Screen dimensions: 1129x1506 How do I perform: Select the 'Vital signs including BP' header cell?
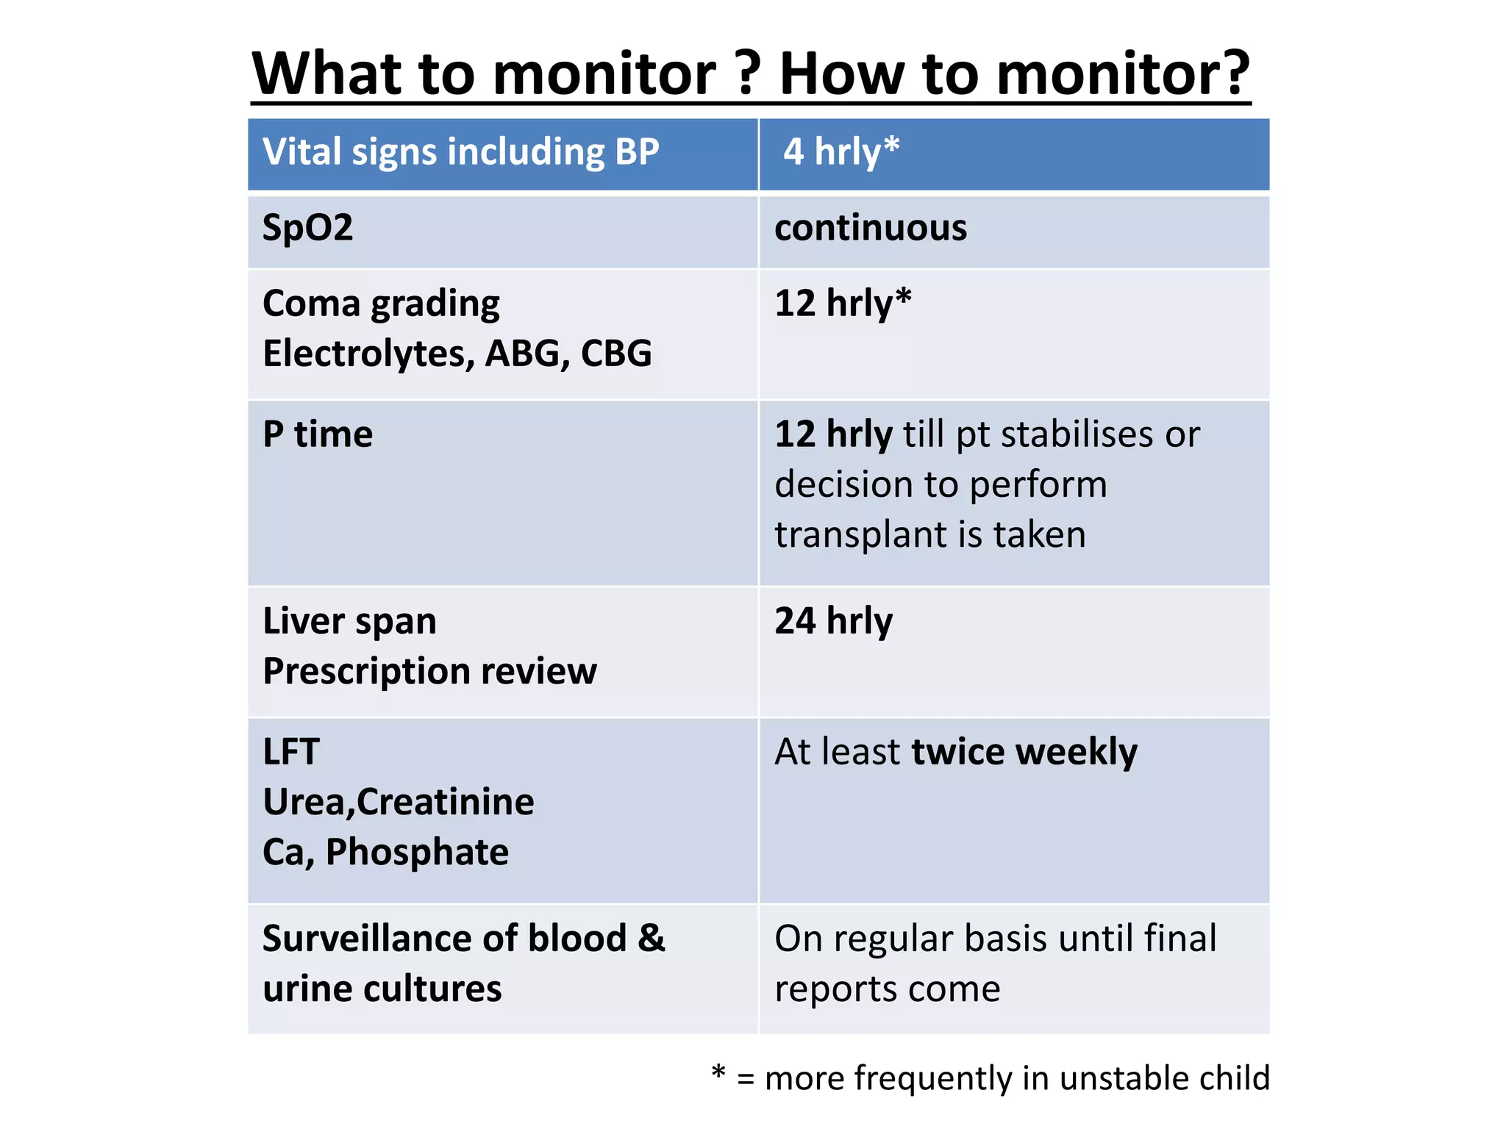point(461,152)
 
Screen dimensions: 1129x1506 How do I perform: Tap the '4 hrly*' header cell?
point(841,152)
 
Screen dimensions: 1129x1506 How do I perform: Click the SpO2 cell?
point(307,228)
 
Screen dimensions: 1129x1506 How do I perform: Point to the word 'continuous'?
point(871,228)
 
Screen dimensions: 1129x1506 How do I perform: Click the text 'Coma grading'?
point(381,304)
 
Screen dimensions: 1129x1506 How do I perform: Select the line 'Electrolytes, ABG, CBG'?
point(457,354)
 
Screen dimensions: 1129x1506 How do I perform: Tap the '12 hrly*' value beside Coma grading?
point(843,304)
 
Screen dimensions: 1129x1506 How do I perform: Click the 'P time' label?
point(318,434)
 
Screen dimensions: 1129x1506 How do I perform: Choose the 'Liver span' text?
point(349,622)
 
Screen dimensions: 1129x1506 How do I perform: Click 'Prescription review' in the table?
point(429,672)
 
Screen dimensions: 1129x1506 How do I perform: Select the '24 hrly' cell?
point(834,622)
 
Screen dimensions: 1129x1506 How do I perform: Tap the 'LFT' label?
point(291,752)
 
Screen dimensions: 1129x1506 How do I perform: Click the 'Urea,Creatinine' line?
point(398,802)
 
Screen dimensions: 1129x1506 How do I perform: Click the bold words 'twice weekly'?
point(1024,752)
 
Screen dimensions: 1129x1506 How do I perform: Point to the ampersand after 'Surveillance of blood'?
point(651,939)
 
